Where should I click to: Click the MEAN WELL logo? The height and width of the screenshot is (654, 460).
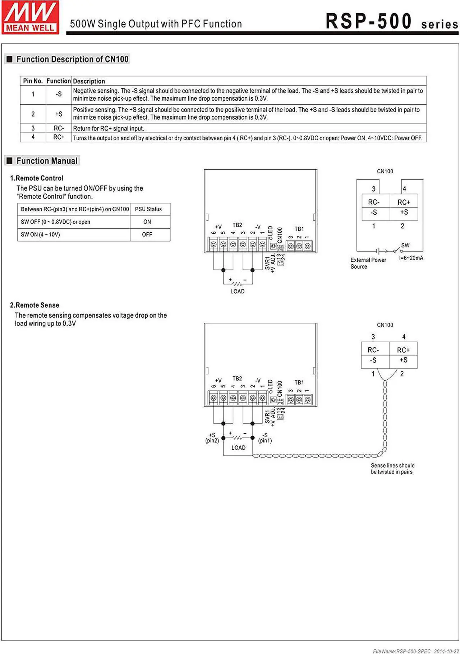tap(30, 17)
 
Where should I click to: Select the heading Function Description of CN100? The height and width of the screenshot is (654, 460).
tap(72, 59)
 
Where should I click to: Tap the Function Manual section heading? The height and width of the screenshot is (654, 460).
tap(47, 161)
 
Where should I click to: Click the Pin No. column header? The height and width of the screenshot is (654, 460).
tap(33, 81)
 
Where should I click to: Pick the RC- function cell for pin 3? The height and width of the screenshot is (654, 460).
tap(59, 128)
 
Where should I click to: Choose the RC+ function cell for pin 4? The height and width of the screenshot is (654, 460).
tap(59, 137)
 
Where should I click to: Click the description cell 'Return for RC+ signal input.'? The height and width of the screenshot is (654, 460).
tap(109, 128)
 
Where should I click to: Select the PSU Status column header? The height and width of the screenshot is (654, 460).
tap(148, 209)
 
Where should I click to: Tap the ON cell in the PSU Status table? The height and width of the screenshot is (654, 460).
tap(147, 222)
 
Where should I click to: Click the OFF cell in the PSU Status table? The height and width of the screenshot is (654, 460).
tap(147, 234)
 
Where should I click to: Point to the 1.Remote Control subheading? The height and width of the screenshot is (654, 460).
tap(37, 178)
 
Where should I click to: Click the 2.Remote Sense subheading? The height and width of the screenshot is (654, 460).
tap(34, 305)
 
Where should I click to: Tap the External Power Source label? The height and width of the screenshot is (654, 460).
tap(368, 263)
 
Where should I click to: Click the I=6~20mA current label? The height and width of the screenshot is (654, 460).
tap(411, 258)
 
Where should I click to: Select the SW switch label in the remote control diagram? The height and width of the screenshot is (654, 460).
tap(405, 245)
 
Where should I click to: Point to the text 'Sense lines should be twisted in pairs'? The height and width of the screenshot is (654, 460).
tap(392, 468)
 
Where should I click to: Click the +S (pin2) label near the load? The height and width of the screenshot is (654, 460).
tap(212, 438)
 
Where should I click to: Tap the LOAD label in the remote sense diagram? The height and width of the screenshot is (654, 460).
tap(238, 448)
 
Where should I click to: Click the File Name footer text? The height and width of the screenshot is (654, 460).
tap(415, 651)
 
